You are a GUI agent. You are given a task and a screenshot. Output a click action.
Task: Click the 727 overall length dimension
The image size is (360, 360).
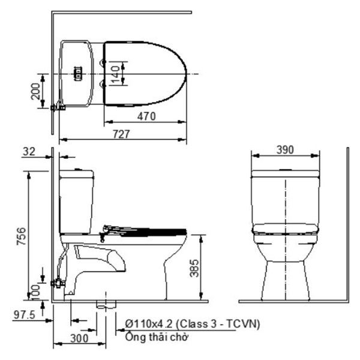click(x=121, y=136)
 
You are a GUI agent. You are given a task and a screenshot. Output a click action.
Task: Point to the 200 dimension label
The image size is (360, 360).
click(x=36, y=91)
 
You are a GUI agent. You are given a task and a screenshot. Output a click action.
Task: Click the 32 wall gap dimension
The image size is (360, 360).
click(x=28, y=152)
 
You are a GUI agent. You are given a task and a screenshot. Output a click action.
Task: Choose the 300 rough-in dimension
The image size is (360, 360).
click(x=79, y=338)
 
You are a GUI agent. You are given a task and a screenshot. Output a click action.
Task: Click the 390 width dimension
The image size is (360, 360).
click(x=286, y=149)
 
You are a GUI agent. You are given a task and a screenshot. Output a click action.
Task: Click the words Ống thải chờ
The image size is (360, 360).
click(x=154, y=337)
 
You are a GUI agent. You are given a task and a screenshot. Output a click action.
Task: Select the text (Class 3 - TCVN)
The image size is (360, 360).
click(x=220, y=324)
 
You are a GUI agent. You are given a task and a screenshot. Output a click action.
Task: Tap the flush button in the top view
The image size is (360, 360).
click(x=77, y=73)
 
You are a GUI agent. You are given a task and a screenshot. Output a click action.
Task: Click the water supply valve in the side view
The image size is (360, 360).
click(x=59, y=282)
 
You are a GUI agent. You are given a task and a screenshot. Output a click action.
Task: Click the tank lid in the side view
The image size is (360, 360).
click(x=76, y=174)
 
